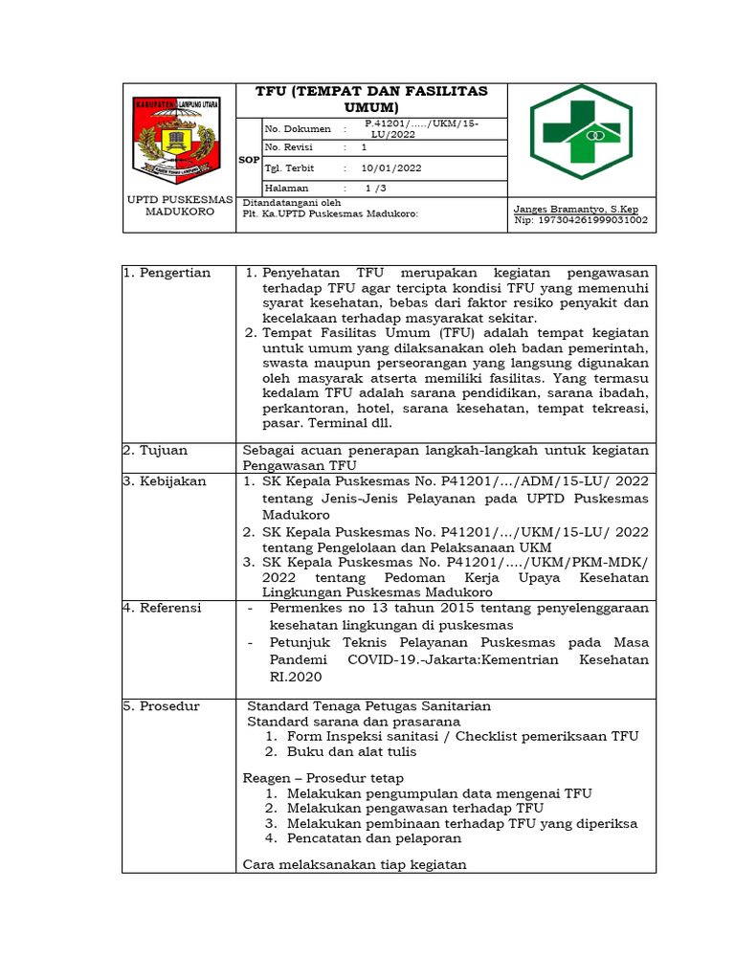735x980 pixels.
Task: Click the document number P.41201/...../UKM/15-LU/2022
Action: coord(422,129)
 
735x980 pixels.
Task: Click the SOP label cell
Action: coord(249,160)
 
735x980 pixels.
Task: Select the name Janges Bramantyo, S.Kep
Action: coord(576,208)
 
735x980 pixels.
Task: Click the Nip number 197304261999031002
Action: coord(581,220)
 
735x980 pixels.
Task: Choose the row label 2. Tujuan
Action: coord(157,450)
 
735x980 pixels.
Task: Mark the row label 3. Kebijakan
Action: coord(166,481)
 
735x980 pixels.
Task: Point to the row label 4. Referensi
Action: coord(163,608)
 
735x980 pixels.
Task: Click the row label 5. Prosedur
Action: coord(162,706)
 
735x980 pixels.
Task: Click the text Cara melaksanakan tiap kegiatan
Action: coord(354,864)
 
